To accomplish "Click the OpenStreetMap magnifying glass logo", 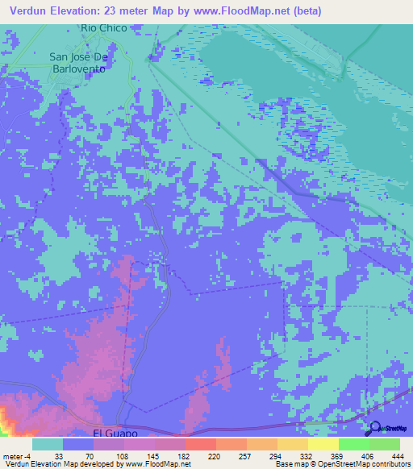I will point(374,429).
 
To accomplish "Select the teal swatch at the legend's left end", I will point(48,445).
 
